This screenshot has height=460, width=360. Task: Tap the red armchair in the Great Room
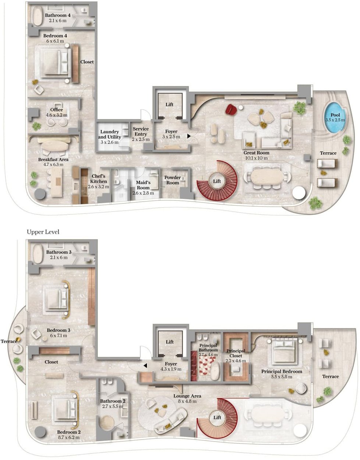tap(232, 109)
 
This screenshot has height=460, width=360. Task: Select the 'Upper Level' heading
tap(43, 232)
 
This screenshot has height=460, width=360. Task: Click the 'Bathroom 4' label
tap(58, 15)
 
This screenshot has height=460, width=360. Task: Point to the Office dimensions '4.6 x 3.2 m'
tap(57, 115)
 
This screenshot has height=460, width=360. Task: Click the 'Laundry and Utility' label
tap(109, 134)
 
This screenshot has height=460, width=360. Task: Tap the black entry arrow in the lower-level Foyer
tap(189, 136)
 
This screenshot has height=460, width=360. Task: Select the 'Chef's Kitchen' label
tap(98, 179)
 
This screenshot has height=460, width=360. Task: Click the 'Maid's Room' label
tap(143, 185)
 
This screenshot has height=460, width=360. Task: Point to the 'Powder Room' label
tap(173, 180)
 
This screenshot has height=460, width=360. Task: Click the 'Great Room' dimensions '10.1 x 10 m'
tap(257, 158)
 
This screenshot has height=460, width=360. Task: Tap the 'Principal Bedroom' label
tap(282, 371)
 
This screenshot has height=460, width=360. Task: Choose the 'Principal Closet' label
tap(236, 353)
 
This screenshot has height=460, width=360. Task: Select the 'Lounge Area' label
tap(187, 396)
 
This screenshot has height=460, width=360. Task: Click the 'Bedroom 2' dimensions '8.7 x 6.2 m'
tap(69, 437)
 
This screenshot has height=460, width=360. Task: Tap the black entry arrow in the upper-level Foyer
tap(145, 365)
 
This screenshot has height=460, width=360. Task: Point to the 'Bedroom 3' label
tap(59, 330)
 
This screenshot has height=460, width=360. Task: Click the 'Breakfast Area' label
tap(53, 160)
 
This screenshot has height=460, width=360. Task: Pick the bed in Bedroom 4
tap(56, 63)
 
